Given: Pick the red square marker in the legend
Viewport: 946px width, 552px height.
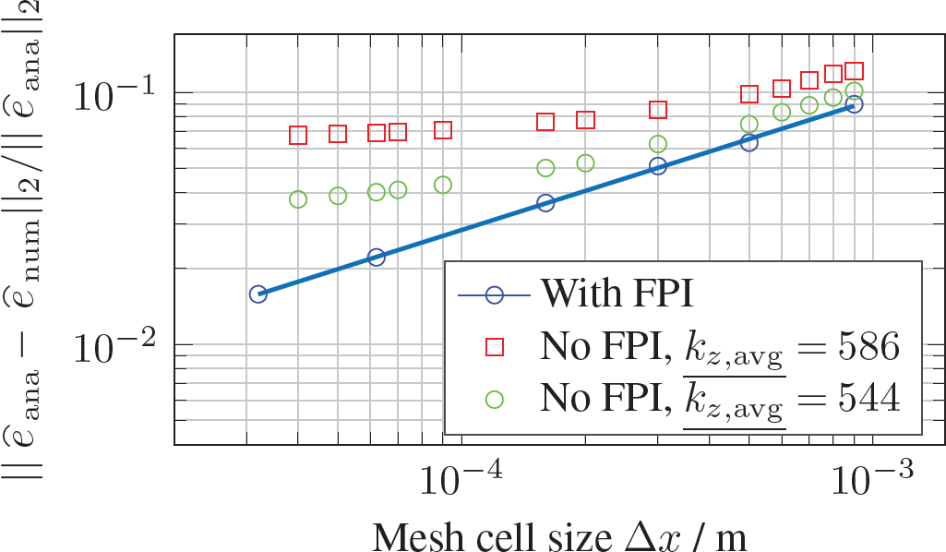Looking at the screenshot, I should click(495, 347).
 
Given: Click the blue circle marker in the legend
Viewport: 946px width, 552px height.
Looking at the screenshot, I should click(495, 295).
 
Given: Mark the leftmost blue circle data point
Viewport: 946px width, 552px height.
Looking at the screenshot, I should click(257, 294).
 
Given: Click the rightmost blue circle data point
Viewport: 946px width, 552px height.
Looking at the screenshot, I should click(854, 104).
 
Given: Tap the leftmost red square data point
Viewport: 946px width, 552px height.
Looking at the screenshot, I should click(298, 136).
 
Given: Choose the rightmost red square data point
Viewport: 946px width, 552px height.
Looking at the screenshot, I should click(854, 71).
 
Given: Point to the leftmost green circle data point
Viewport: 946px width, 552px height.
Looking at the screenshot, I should click(298, 199).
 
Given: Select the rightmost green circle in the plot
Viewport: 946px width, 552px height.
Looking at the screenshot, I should click(854, 90).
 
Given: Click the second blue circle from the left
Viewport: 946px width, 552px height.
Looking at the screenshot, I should click(376, 258).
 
